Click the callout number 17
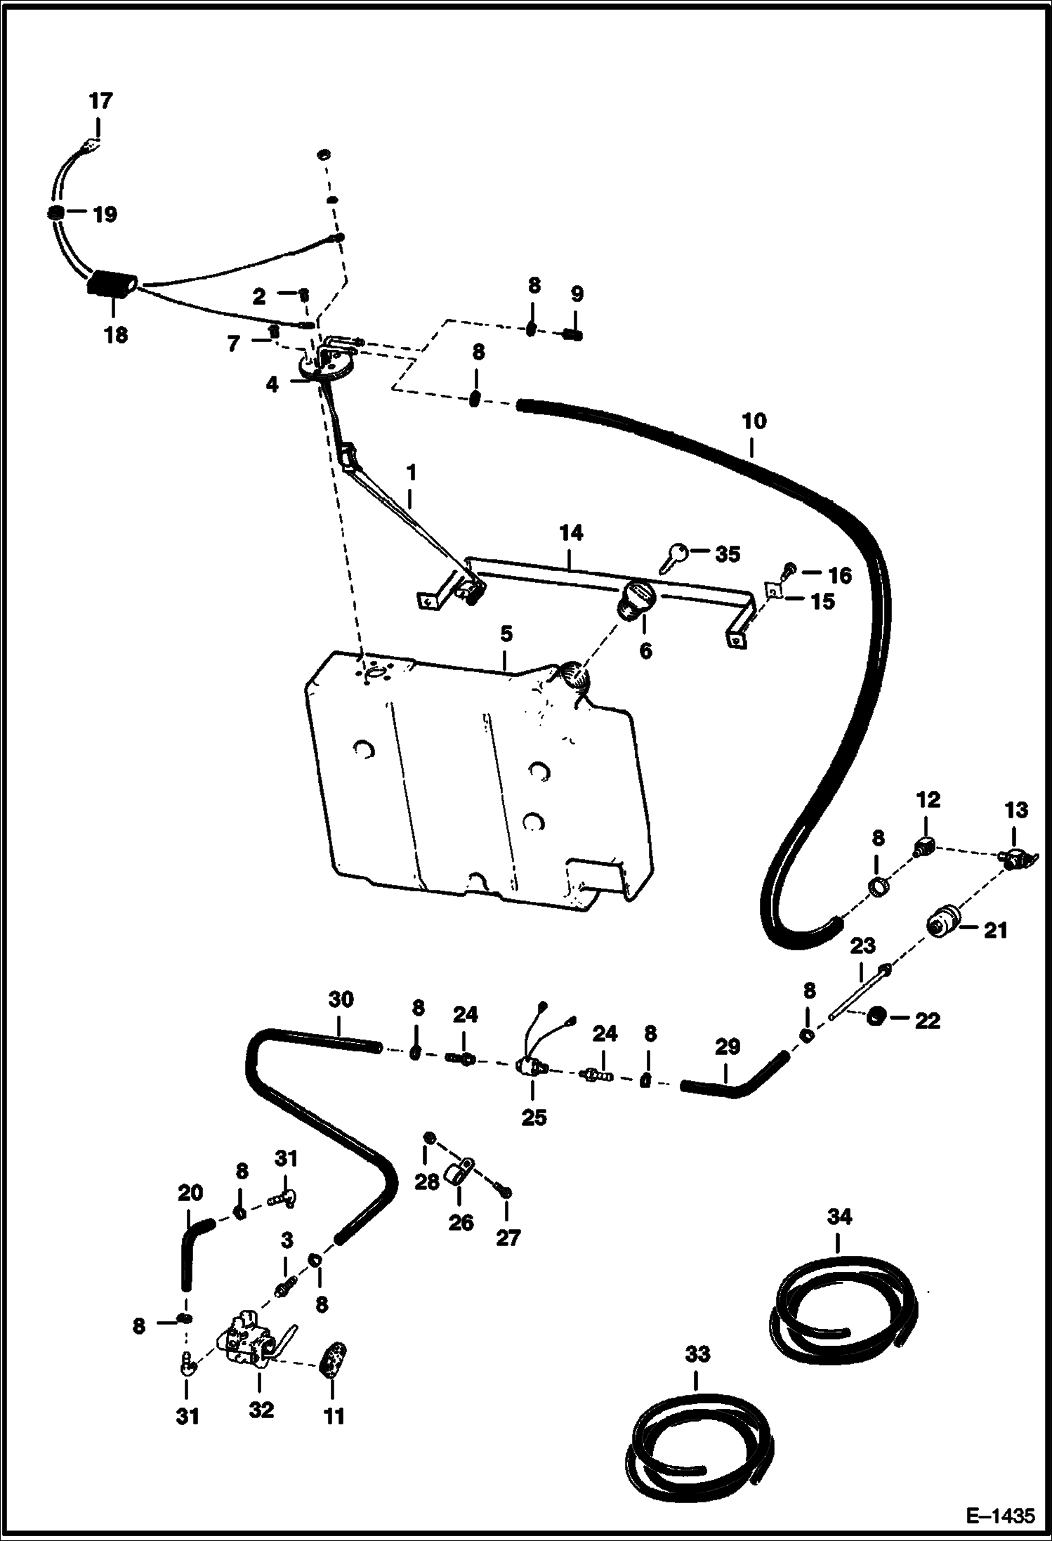(x=100, y=101)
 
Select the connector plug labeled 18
(x=111, y=284)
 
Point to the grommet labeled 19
(x=56, y=213)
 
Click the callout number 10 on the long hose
(x=754, y=422)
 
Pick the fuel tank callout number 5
(x=506, y=634)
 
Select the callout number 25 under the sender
(x=534, y=1117)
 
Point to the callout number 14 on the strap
(x=571, y=533)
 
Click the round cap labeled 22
(x=875, y=1016)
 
